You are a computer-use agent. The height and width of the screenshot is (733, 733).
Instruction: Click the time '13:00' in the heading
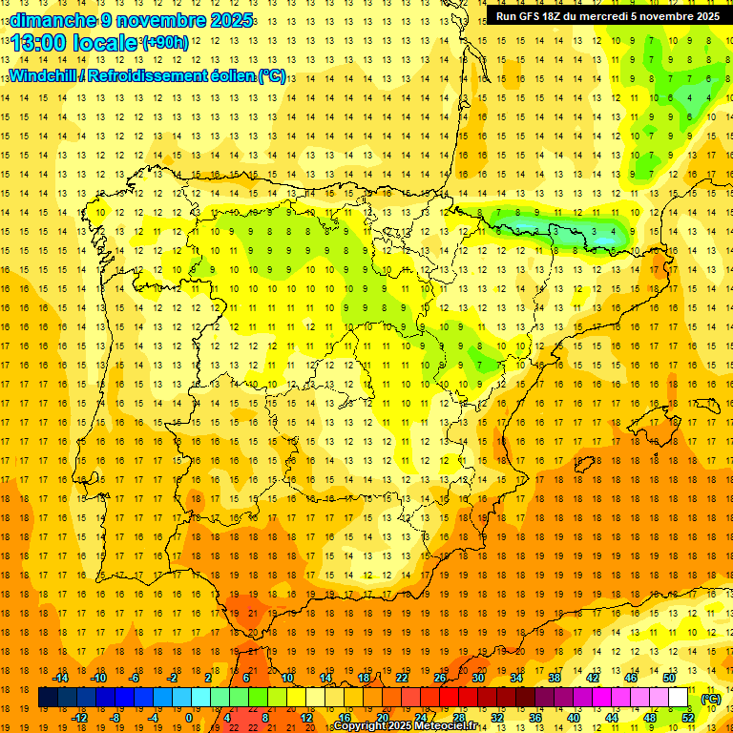(x=35, y=43)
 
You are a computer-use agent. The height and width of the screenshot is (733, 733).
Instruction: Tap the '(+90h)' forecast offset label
(x=165, y=42)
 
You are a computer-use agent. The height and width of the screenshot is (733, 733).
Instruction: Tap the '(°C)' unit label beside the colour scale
(x=710, y=699)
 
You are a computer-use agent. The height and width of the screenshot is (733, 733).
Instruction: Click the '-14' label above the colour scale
(x=60, y=678)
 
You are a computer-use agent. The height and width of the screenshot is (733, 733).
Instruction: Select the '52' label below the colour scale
(x=688, y=718)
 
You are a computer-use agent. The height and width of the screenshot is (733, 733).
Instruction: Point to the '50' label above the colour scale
(x=669, y=678)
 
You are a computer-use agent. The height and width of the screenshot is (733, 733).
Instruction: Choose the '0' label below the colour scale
(x=189, y=718)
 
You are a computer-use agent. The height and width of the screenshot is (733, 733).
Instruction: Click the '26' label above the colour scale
(x=440, y=678)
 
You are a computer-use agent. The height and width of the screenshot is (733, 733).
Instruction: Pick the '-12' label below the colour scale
(x=79, y=718)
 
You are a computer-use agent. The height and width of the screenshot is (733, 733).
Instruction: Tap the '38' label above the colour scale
(x=555, y=678)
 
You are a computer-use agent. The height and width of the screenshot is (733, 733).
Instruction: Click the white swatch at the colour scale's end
(x=679, y=698)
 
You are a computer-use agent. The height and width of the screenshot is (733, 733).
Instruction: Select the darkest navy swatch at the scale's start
(x=48, y=698)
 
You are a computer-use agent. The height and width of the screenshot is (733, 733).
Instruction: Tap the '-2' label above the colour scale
(x=173, y=678)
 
